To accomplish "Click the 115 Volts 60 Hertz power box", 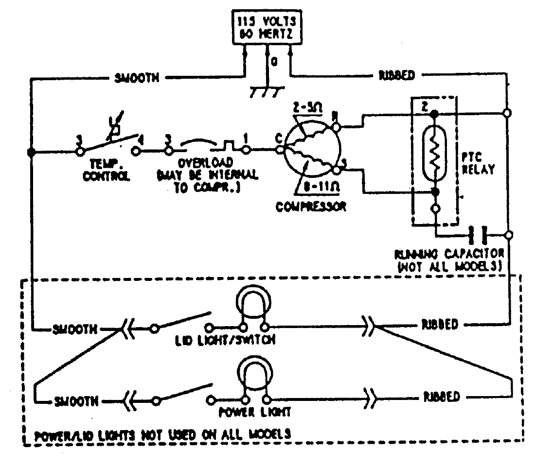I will [x=267, y=28].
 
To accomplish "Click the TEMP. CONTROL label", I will [x=108, y=171].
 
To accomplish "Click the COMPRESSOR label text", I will [x=311, y=207].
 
